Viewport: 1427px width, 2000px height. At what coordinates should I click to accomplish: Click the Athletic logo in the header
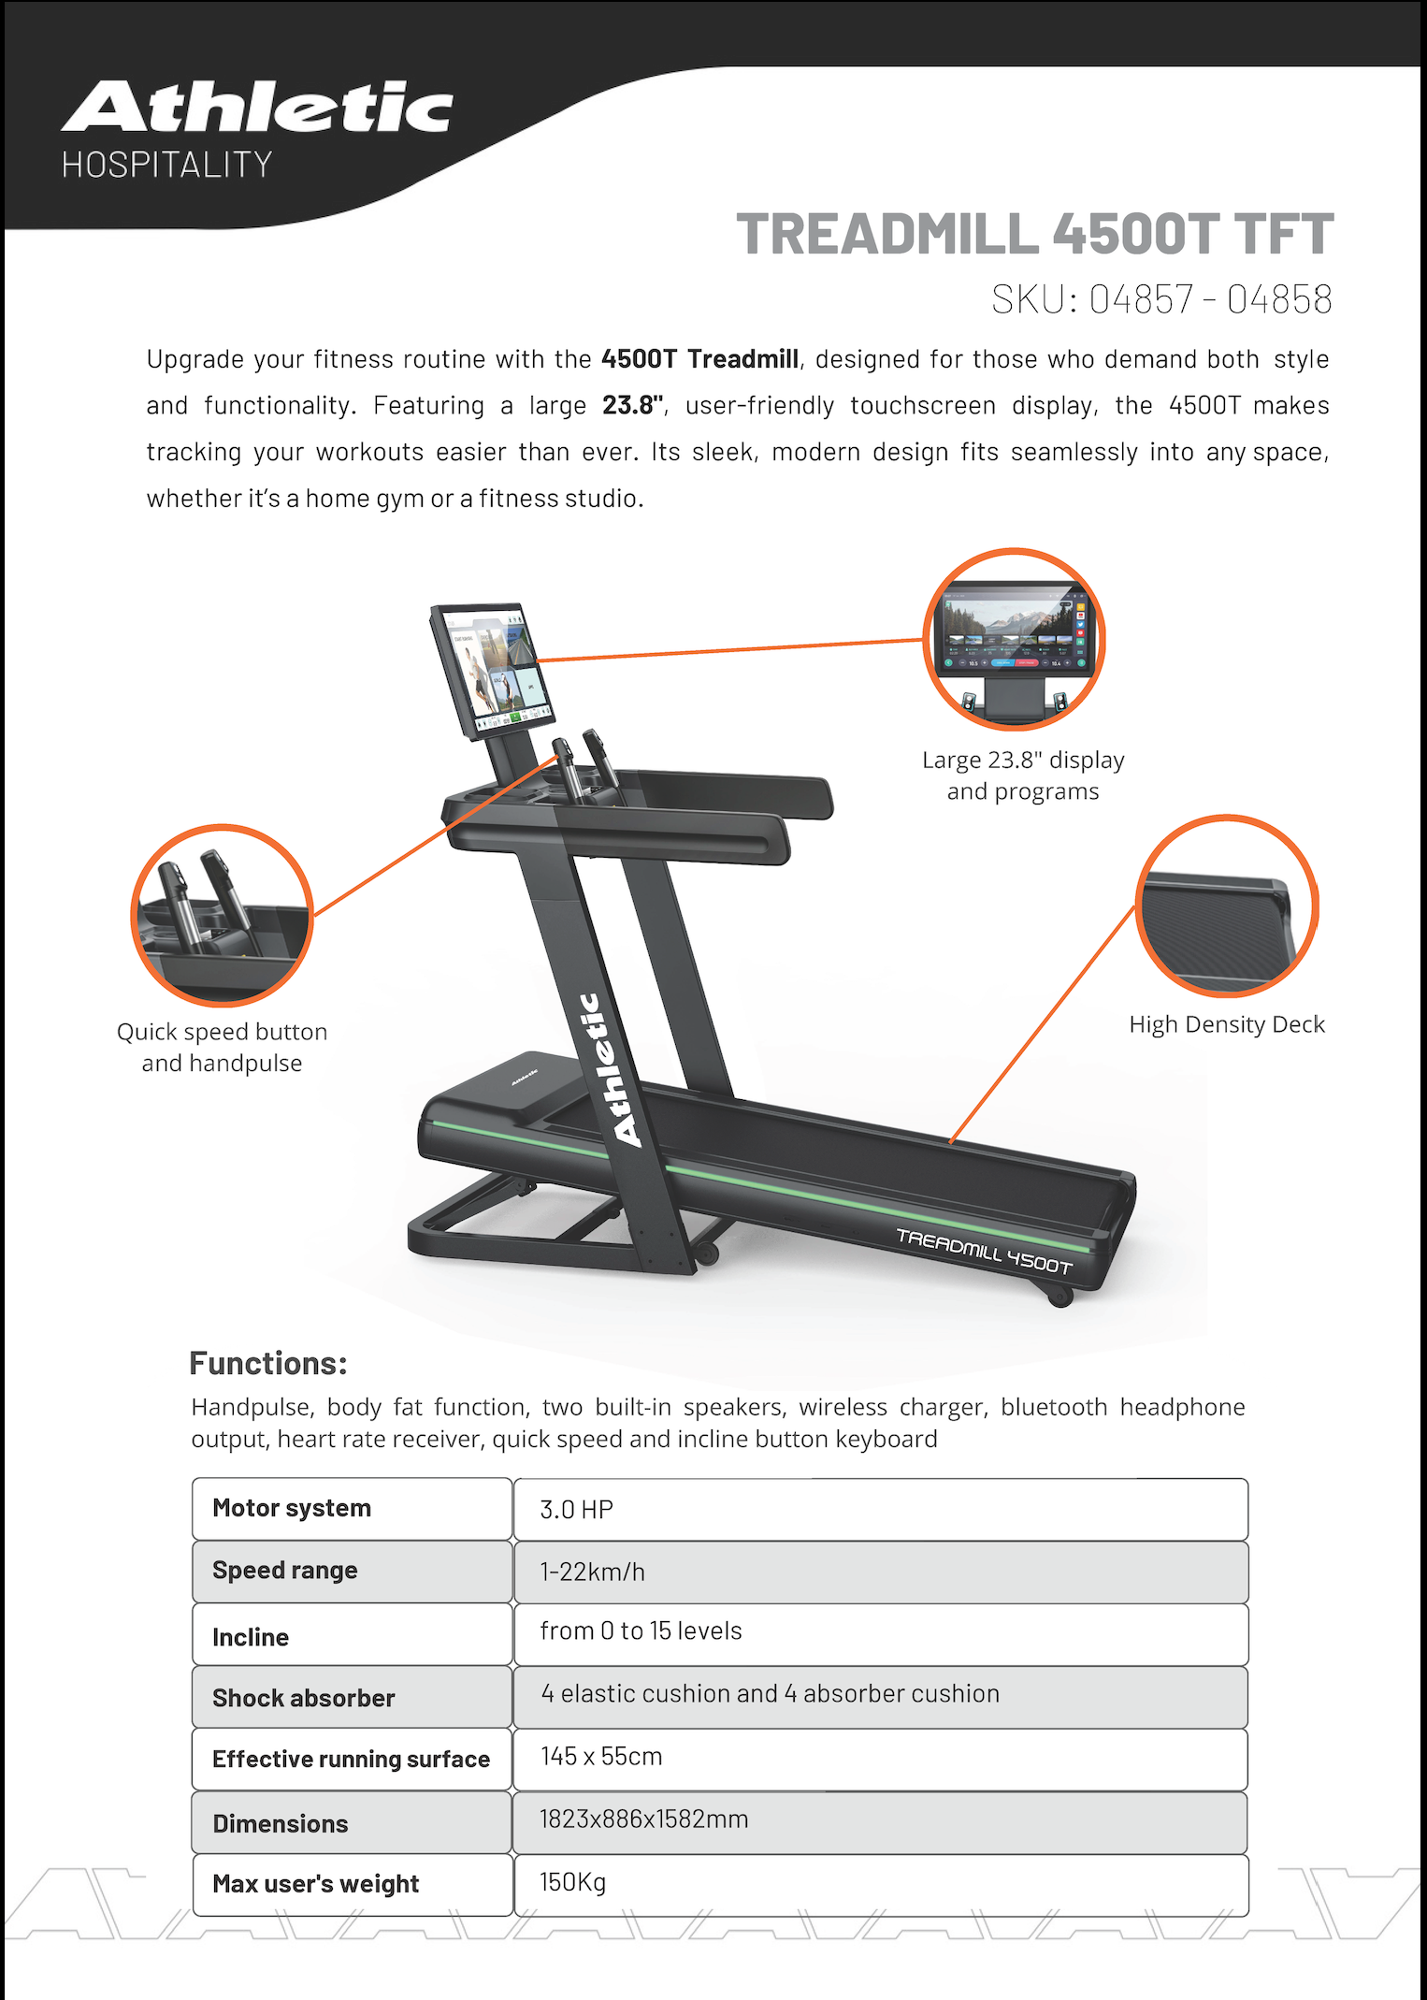257,108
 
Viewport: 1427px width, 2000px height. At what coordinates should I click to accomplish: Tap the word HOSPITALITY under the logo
167,166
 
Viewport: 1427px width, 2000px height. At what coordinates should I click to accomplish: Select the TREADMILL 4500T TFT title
1034,234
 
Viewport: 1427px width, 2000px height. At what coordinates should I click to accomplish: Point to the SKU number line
1161,299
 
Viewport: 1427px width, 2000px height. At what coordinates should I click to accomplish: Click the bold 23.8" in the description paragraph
633,405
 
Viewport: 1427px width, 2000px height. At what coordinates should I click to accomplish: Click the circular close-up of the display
1015,639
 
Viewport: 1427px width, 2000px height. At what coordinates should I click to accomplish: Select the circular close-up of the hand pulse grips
223,915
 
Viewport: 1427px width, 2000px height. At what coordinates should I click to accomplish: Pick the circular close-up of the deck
1226,906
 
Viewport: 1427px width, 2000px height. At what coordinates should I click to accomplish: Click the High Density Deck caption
1227,1024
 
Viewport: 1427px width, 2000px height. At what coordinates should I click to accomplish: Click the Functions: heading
268,1363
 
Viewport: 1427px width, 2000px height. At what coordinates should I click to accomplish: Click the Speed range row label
285,1571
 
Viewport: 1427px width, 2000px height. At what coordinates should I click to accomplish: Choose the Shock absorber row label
304,1698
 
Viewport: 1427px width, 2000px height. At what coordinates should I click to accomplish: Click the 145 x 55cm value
601,1756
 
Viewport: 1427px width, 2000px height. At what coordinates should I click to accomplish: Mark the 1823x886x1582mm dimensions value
643,1819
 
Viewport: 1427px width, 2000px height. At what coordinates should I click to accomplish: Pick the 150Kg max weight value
572,1882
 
